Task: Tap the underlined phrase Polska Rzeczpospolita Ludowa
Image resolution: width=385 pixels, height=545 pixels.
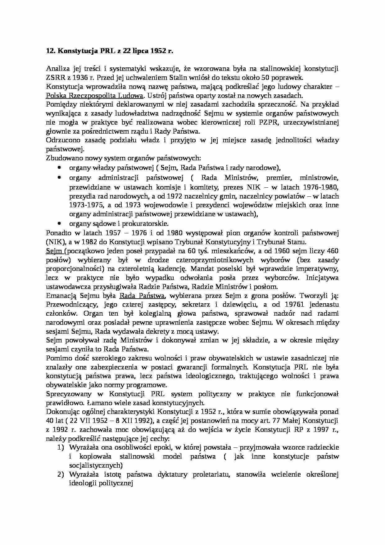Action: tap(95, 95)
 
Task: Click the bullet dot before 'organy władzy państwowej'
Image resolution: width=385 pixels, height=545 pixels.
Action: tap(59, 168)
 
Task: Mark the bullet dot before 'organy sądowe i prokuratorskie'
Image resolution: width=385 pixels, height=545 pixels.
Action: tap(59, 223)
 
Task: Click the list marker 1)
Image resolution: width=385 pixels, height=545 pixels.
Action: tap(60, 447)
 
